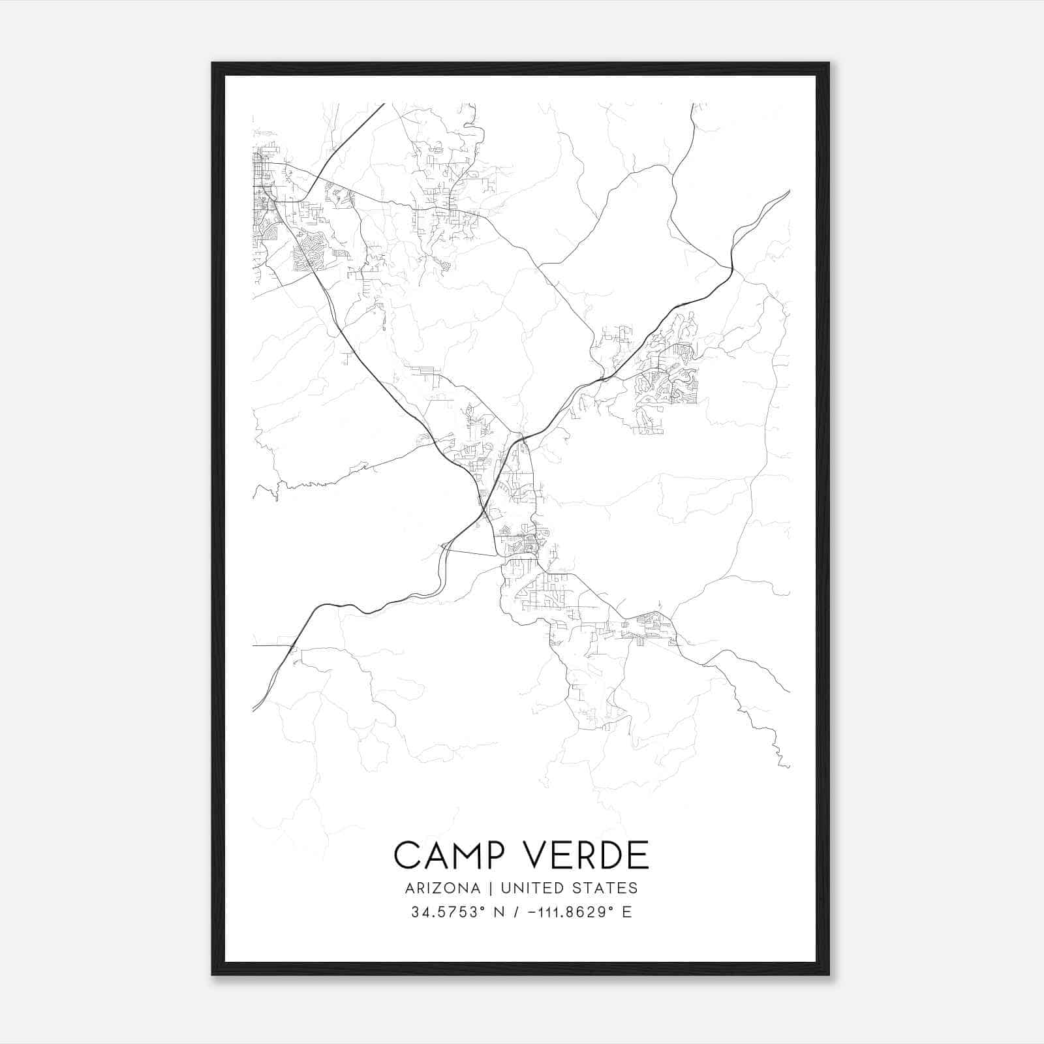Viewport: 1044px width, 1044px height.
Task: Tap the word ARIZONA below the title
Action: tap(442, 888)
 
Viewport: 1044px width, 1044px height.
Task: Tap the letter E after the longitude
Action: tap(626, 912)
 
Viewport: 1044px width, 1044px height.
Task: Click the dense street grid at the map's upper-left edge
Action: tap(261, 183)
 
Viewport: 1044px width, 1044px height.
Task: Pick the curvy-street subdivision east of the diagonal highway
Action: tap(666, 385)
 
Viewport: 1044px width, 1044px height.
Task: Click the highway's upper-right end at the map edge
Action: tap(788, 192)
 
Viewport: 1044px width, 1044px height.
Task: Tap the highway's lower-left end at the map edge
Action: tap(254, 709)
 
